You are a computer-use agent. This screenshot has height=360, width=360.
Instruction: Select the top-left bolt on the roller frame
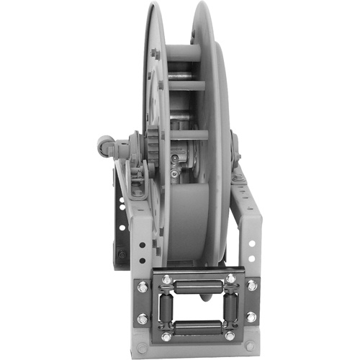[167, 279]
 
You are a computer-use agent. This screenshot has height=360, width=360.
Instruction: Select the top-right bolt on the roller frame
[230, 279]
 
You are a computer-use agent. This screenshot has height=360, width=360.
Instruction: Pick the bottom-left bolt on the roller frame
[167, 336]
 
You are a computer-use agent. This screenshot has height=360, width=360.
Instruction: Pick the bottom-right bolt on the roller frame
[230, 336]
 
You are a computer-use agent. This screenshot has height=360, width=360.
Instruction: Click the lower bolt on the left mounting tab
[143, 318]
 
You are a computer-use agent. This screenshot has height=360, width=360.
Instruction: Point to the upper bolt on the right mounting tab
[253, 286]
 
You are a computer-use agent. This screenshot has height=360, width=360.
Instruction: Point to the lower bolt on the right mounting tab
[253, 318]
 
